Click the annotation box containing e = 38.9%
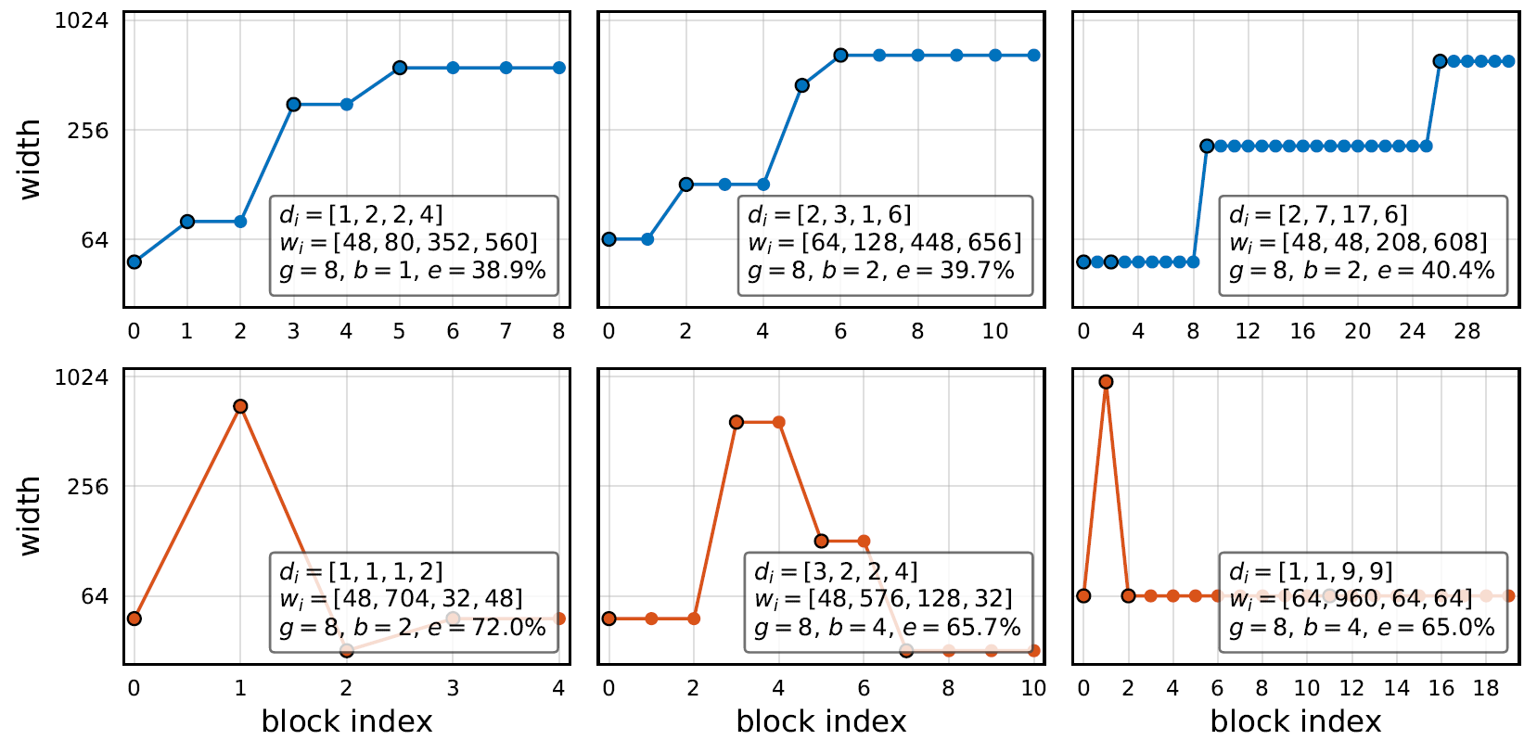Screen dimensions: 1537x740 pos(414,246)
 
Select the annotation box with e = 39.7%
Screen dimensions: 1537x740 pos(885,246)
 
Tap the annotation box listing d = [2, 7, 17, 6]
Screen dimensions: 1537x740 pos(1364,246)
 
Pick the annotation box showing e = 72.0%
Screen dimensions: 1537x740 pos(414,602)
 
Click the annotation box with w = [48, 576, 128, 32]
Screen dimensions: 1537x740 pos(889,602)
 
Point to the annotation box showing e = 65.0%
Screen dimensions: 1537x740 pos(1364,602)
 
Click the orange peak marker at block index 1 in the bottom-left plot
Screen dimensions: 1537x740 pos(240,406)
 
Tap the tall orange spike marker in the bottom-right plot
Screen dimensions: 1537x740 pos(1106,381)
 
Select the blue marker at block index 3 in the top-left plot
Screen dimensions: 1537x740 pos(293,104)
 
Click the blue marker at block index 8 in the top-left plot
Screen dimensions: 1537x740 pos(559,67)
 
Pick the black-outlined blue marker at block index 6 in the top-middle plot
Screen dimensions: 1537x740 pos(840,55)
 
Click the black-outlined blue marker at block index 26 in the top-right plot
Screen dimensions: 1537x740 pos(1440,61)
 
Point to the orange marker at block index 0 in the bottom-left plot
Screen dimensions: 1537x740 pos(134,619)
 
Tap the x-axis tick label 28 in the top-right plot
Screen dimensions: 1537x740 pos(1467,332)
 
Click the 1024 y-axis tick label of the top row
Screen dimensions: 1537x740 pos(82,20)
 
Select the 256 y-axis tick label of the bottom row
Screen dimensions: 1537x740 pos(88,486)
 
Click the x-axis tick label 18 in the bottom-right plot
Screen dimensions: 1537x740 pos(1486,688)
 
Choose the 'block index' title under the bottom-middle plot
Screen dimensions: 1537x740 pos(821,721)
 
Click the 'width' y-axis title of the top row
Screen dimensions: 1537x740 pos(31,159)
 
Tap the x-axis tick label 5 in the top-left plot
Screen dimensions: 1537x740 pos(400,332)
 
